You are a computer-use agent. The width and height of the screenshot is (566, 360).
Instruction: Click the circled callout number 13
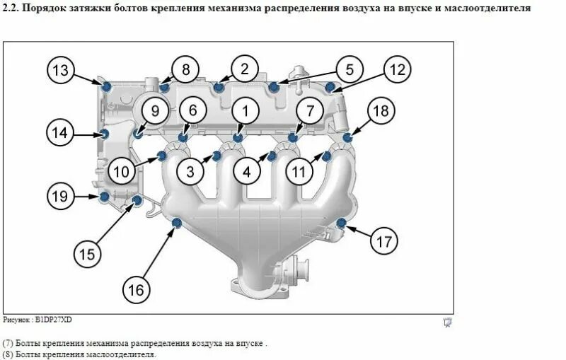point(62,70)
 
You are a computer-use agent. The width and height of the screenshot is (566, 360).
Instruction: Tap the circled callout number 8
point(186,69)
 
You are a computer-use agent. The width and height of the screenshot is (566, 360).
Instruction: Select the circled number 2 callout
point(245,69)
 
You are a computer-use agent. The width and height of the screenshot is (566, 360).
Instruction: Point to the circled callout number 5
point(349,69)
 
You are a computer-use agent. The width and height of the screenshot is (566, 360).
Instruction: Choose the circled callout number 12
point(398,69)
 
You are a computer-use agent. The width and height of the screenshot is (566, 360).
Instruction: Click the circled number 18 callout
point(381,111)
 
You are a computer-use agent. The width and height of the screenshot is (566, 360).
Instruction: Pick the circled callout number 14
point(61,132)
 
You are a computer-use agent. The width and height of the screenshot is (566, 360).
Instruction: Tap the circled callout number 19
point(61,195)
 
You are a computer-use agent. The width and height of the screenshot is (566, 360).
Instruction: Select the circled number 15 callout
point(86,253)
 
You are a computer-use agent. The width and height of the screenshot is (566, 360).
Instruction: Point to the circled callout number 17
point(383,241)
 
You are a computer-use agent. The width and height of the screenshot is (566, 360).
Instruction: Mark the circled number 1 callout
point(246,111)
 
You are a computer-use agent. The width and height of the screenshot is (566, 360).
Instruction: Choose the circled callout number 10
point(122,170)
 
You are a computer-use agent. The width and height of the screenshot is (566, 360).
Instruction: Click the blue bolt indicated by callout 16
point(177,225)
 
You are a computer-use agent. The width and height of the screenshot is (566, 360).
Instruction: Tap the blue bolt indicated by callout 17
point(342,223)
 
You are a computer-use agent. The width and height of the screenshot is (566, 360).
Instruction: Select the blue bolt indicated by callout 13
point(106,86)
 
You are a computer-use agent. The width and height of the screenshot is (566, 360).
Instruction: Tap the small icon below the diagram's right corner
point(446,323)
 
